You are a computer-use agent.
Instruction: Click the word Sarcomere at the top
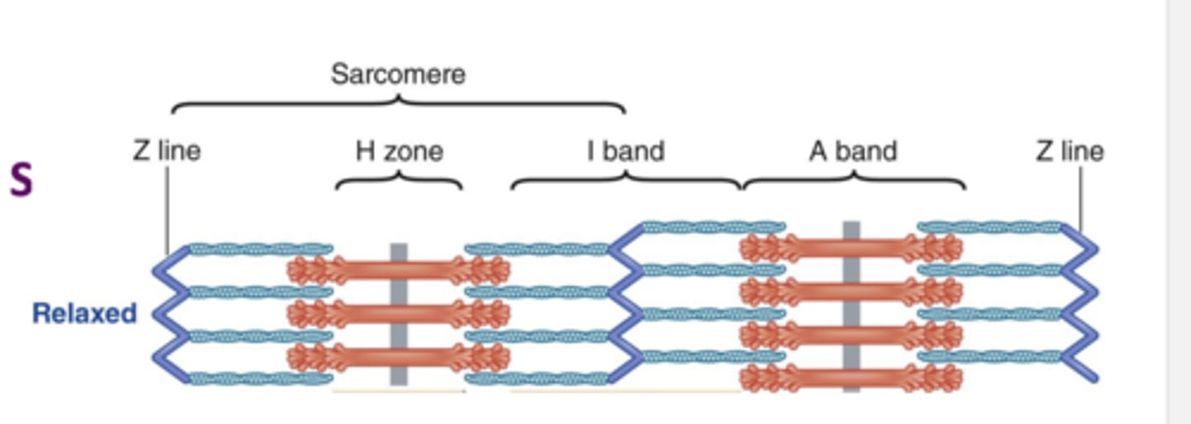tap(398, 75)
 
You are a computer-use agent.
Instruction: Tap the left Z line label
tap(167, 152)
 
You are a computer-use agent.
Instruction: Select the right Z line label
tap(1069, 152)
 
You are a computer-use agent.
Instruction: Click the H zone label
tap(399, 152)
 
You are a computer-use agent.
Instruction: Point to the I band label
tap(626, 152)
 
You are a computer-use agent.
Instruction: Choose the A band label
tap(853, 152)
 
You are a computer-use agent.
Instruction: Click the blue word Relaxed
tap(84, 314)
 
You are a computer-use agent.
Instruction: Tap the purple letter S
tap(22, 181)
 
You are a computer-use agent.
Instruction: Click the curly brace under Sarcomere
tap(398, 104)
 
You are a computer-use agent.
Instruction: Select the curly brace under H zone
tap(399, 180)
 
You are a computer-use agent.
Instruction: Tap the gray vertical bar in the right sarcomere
tap(851, 306)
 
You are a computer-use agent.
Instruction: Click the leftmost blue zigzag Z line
tap(170, 315)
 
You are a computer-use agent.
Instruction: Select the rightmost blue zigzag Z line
tap(1081, 302)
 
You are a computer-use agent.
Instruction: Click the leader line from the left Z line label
tap(168, 207)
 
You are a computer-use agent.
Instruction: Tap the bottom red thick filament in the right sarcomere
tap(851, 378)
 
